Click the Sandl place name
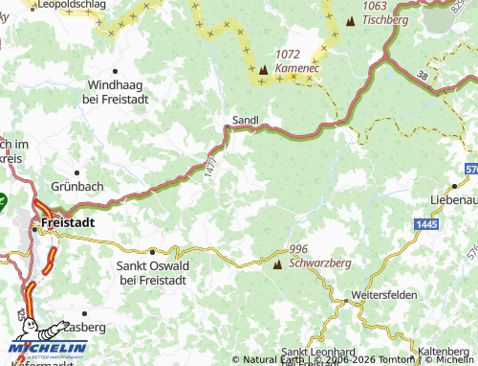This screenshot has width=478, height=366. coord(246,121)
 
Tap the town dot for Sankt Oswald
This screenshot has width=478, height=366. coord(152,251)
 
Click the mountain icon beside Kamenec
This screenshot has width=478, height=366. coord(264,69)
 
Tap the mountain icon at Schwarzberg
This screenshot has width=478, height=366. coord(278,264)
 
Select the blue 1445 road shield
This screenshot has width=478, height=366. coord(428,222)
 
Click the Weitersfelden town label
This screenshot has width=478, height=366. coord(383,295)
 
